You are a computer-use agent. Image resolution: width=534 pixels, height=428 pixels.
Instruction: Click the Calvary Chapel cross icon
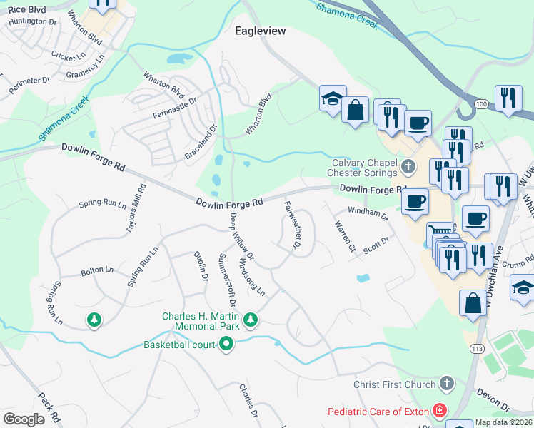click(408, 168)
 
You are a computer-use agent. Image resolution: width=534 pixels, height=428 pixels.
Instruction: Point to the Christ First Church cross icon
click(447, 384)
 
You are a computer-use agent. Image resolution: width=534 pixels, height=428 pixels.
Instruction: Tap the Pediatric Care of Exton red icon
click(440, 411)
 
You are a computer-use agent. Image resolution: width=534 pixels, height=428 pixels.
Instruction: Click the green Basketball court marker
click(227, 345)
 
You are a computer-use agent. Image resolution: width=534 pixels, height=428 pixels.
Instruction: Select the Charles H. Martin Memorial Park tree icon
click(250, 320)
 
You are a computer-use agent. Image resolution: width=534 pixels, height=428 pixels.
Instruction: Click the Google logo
click(24, 419)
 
